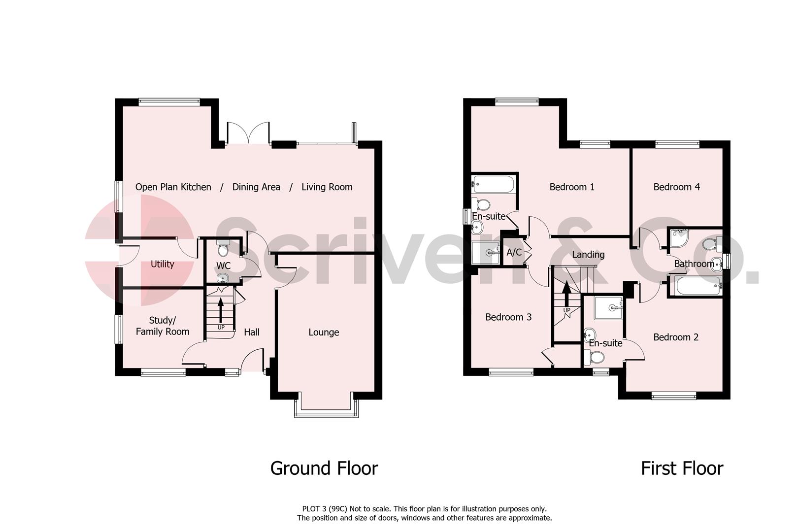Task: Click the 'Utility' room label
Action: [162, 264]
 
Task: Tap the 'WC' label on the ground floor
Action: [223, 266]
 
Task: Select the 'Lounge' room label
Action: [324, 332]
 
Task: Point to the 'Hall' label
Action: [252, 332]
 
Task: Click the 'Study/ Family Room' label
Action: [163, 326]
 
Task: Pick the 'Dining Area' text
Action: [256, 187]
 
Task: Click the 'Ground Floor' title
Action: [324, 468]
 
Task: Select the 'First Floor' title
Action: [682, 468]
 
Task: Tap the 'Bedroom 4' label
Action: [676, 187]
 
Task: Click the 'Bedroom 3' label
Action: [508, 317]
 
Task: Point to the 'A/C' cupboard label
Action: [514, 253]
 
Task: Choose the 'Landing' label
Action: [588, 255]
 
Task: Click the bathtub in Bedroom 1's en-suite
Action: [493, 185]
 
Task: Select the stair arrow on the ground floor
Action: [220, 310]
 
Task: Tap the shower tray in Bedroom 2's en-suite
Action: [609, 308]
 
